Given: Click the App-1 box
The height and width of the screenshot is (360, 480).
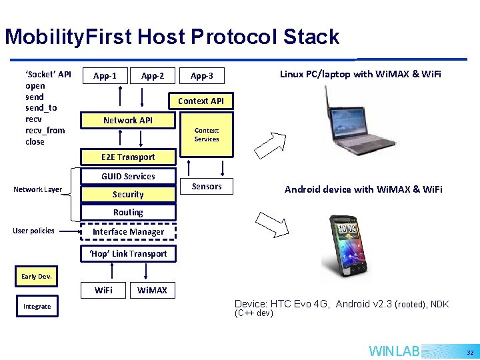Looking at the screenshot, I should click(105, 76).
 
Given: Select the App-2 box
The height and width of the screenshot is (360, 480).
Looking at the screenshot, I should click(153, 76).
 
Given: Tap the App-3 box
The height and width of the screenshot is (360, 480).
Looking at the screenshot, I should click(201, 76).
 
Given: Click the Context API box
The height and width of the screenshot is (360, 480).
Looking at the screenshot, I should click(201, 101).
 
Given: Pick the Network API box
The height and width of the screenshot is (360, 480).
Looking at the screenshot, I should click(128, 120).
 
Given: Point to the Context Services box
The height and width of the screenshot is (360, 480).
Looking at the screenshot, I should click(207, 135).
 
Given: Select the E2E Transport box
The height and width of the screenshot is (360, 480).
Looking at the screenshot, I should click(128, 157).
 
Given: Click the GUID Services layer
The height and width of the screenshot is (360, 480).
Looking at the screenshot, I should click(128, 177).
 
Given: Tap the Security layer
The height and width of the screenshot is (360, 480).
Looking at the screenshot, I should click(128, 195).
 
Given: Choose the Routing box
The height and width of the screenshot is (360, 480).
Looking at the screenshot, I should click(128, 212).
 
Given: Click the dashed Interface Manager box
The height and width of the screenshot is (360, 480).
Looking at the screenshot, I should click(128, 232).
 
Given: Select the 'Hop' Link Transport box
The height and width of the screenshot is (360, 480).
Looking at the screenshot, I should click(128, 253).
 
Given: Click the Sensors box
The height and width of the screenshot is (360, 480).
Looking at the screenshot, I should click(207, 186).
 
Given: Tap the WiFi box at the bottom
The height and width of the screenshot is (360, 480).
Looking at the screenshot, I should click(103, 290).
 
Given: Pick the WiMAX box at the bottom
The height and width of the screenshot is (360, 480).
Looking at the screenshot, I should click(152, 290).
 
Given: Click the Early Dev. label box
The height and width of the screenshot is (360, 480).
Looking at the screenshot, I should click(37, 276).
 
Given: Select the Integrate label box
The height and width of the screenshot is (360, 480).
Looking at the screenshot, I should click(37, 307).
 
